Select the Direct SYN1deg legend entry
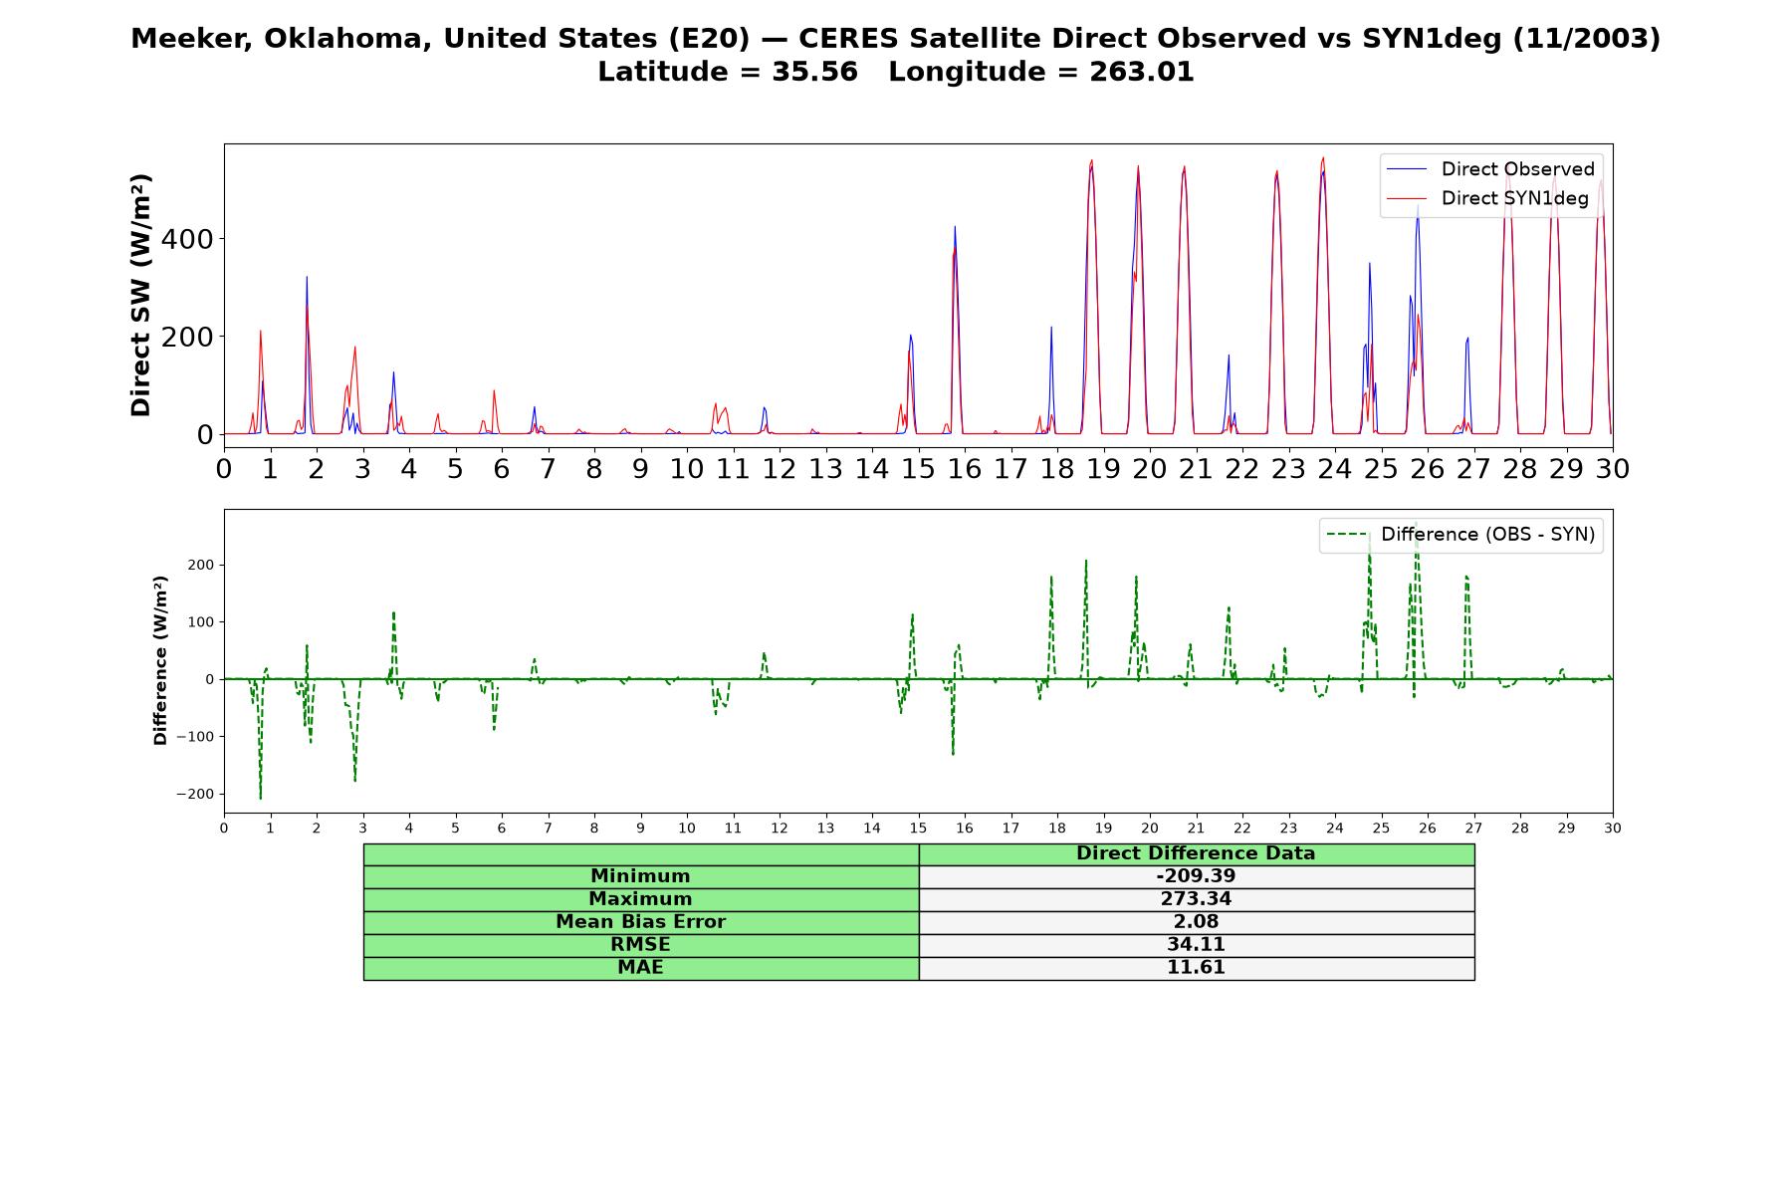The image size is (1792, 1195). click(1487, 198)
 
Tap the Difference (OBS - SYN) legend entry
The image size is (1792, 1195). click(1460, 535)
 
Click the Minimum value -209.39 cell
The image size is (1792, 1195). click(1196, 876)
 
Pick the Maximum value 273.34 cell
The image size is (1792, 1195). click(1196, 899)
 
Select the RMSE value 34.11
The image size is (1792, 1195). click(1196, 945)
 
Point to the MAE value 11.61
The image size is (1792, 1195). click(1196, 968)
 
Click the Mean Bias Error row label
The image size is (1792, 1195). click(640, 922)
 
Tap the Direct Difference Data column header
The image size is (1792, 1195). click(1196, 853)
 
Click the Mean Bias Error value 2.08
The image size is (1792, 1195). click(1196, 922)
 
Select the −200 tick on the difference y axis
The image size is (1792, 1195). click(195, 795)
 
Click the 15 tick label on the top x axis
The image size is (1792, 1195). click(918, 469)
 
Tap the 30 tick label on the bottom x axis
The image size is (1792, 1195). click(1613, 829)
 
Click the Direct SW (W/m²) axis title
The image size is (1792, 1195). click(140, 295)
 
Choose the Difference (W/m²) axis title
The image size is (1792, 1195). click(160, 660)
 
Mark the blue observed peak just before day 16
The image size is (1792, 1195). click(955, 227)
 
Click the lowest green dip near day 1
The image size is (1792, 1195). click(261, 798)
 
